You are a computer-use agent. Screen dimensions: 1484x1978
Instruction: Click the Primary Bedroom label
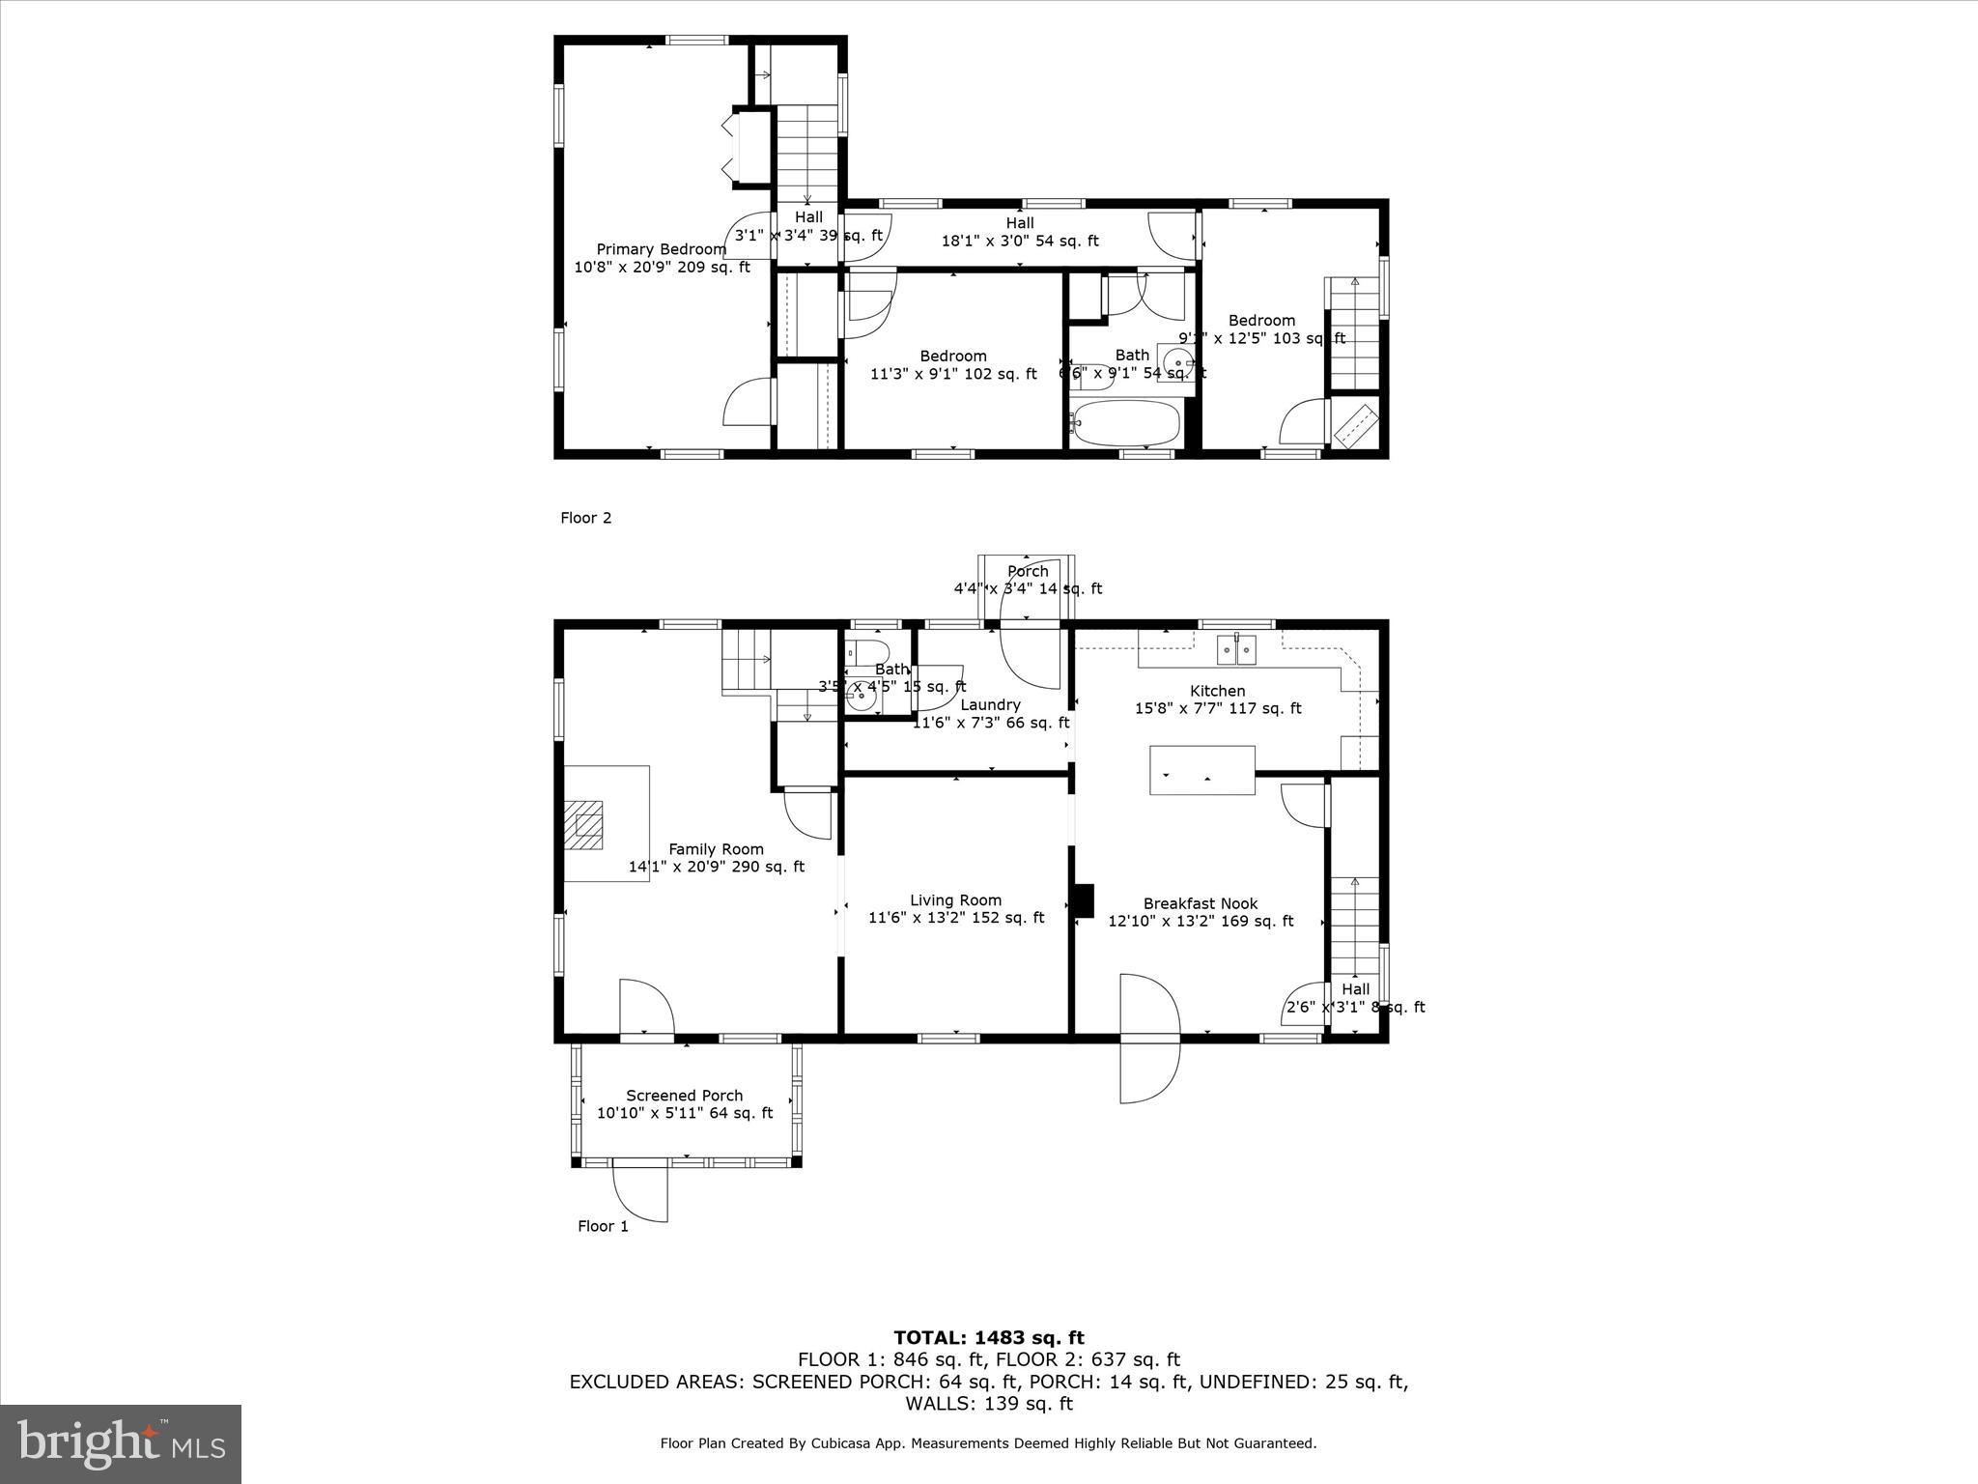pos(661,249)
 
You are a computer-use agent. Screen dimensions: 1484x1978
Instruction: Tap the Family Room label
pos(716,849)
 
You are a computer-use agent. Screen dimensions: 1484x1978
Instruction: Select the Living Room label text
pos(955,899)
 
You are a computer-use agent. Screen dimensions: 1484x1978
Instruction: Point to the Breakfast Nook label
pos(1201,903)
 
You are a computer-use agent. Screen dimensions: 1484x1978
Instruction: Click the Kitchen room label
pos(1217,691)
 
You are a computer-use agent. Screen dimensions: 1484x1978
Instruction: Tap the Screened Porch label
pos(684,1095)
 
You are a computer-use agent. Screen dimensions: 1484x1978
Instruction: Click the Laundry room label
pos(990,704)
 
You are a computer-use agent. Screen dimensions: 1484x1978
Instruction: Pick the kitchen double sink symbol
pos(1236,650)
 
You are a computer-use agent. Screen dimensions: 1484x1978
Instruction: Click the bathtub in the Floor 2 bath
pos(1126,423)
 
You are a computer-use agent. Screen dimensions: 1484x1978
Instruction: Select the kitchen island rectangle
pos(1201,770)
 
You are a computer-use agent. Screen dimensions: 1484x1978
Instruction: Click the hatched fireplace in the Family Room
pos(583,824)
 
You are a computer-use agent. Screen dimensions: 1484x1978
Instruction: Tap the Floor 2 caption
pos(585,518)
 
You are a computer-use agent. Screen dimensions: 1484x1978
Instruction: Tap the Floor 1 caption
pos(603,1226)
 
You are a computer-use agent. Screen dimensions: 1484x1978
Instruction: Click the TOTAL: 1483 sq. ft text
pos(988,1337)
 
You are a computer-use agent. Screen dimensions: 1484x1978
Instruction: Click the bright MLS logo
pos(121,1443)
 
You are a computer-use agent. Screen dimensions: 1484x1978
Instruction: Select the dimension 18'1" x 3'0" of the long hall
pos(1020,241)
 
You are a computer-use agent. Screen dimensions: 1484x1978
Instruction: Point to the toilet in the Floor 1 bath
pos(866,649)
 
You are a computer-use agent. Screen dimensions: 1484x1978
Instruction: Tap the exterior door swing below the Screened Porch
pos(639,1194)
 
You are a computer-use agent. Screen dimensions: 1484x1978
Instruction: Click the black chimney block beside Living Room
pos(1085,899)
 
